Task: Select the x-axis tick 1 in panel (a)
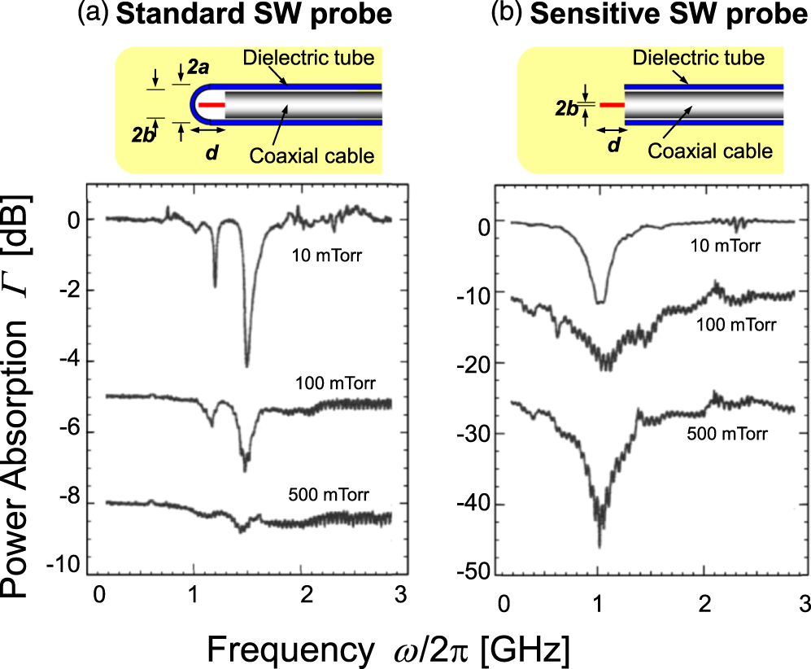pyautogui.click(x=193, y=592)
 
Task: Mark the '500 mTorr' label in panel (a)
pyautogui.click(x=323, y=495)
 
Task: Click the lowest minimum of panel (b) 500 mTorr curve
pyautogui.click(x=600, y=546)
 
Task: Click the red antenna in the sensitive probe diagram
pyautogui.click(x=611, y=105)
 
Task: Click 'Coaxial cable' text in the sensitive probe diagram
pyautogui.click(x=709, y=151)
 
